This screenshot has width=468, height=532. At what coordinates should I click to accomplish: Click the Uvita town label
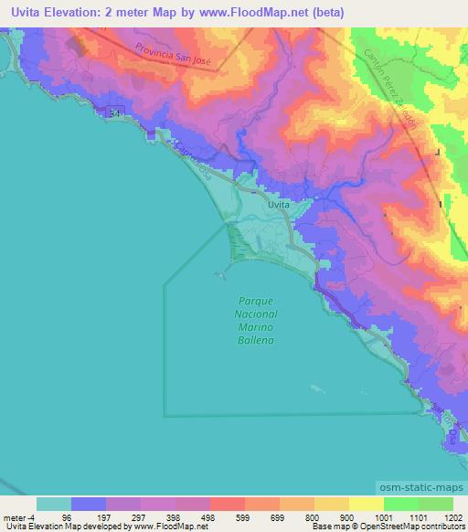pyautogui.click(x=279, y=206)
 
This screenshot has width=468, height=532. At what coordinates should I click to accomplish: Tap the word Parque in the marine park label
pyautogui.click(x=257, y=301)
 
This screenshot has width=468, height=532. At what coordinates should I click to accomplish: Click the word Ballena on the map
pyautogui.click(x=257, y=339)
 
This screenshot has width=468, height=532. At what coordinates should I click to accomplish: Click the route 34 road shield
pyautogui.click(x=112, y=112)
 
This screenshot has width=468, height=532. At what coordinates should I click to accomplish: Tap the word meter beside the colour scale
pyautogui.click(x=13, y=517)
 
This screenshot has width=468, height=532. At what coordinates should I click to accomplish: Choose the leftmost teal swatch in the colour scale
pyautogui.click(x=54, y=504)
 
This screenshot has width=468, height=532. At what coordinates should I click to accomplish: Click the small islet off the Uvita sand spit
pyautogui.click(x=219, y=273)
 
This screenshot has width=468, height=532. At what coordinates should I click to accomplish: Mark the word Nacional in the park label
pyautogui.click(x=257, y=314)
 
